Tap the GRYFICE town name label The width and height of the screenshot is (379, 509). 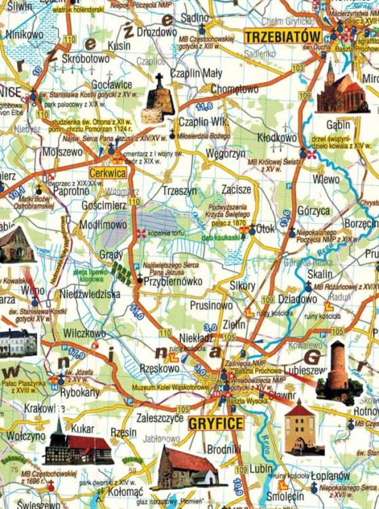click(x=217, y=423)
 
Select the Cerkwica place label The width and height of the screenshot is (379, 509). click(x=107, y=173)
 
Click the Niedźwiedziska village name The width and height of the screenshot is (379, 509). click(x=90, y=294)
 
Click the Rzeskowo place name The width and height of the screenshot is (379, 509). click(x=158, y=368)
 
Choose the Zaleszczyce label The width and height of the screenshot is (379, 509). click(x=160, y=419)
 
